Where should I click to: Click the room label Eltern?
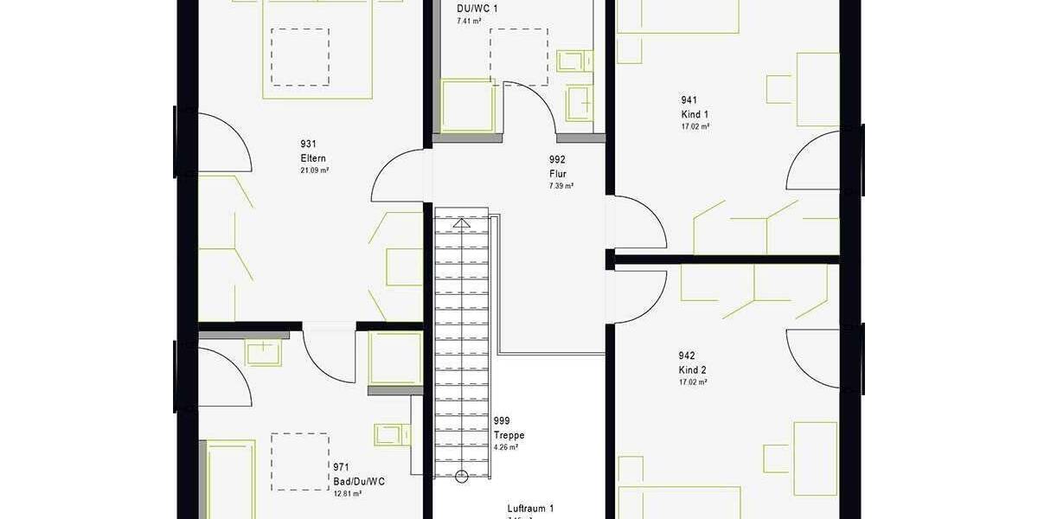point(311,158)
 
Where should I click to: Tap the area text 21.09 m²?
point(314,170)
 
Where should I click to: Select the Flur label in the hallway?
point(557,173)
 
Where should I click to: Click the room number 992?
point(557,160)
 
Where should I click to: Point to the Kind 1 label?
point(695,114)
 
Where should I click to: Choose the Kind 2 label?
point(693,370)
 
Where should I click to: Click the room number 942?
point(687,356)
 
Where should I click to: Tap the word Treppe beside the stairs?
point(509,435)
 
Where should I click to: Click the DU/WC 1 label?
point(477,9)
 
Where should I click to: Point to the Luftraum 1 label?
point(530,509)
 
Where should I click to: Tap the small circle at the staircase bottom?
point(462,475)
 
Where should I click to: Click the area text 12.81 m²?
point(347,493)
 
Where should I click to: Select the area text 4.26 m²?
point(505,447)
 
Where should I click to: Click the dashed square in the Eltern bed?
point(299,56)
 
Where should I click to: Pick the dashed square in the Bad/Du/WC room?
point(299,461)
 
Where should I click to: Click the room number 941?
point(689,100)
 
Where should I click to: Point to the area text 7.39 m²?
point(561,186)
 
